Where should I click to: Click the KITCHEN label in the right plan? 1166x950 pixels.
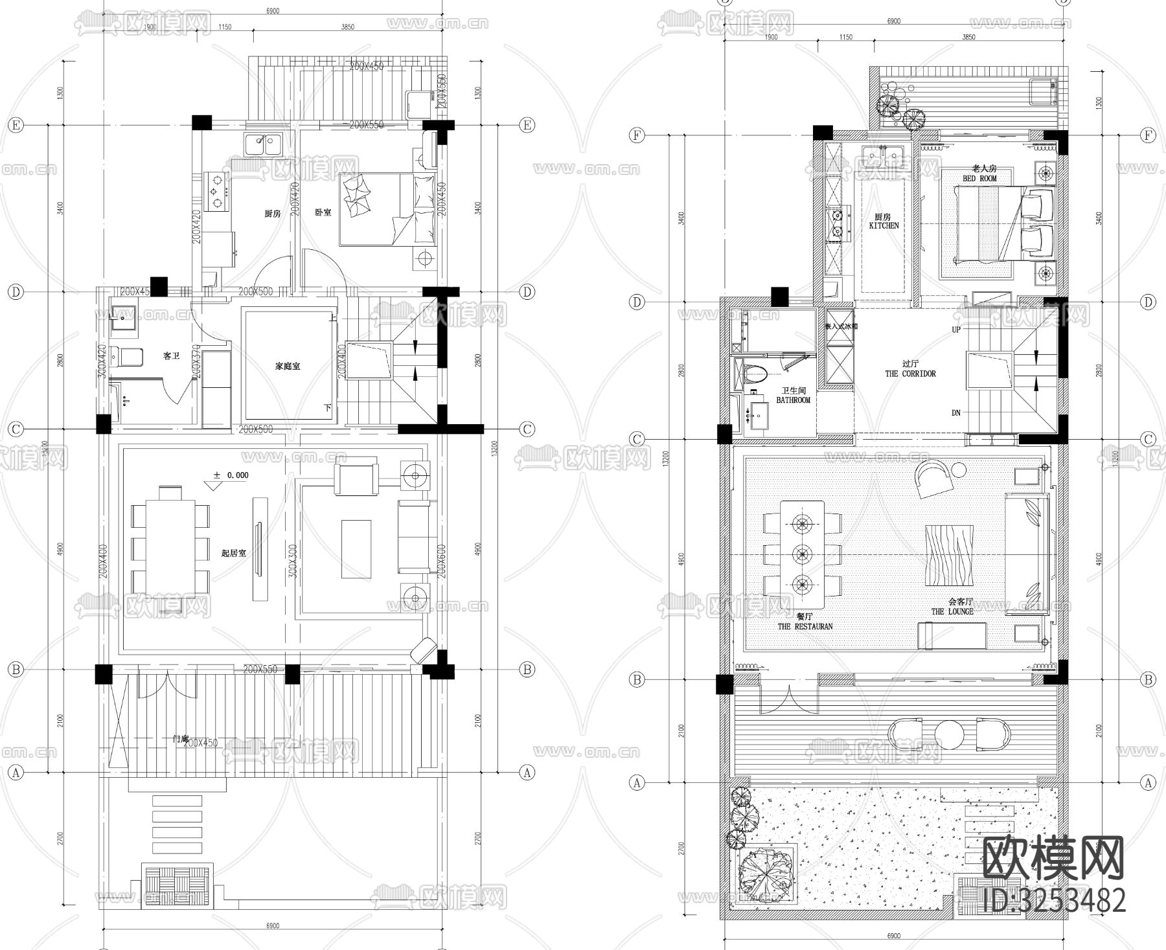884,226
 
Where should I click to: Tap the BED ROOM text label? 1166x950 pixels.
979,178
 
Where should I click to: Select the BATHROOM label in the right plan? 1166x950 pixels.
793,400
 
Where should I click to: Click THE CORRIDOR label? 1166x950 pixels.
910,374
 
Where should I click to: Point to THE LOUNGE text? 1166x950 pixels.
952,611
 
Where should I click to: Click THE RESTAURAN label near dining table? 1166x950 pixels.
805,626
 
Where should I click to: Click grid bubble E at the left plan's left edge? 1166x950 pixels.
15,125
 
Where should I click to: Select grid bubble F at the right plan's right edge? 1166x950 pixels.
1148,135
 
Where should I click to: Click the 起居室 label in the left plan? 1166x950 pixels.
233,553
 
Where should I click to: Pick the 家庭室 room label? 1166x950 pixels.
288,366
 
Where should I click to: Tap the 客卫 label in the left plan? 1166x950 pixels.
171,356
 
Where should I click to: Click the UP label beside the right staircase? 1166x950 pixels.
956,330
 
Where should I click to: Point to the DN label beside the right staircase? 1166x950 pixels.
956,413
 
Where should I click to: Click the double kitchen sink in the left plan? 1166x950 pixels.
263,144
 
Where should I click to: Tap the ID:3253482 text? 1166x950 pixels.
1054,899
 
